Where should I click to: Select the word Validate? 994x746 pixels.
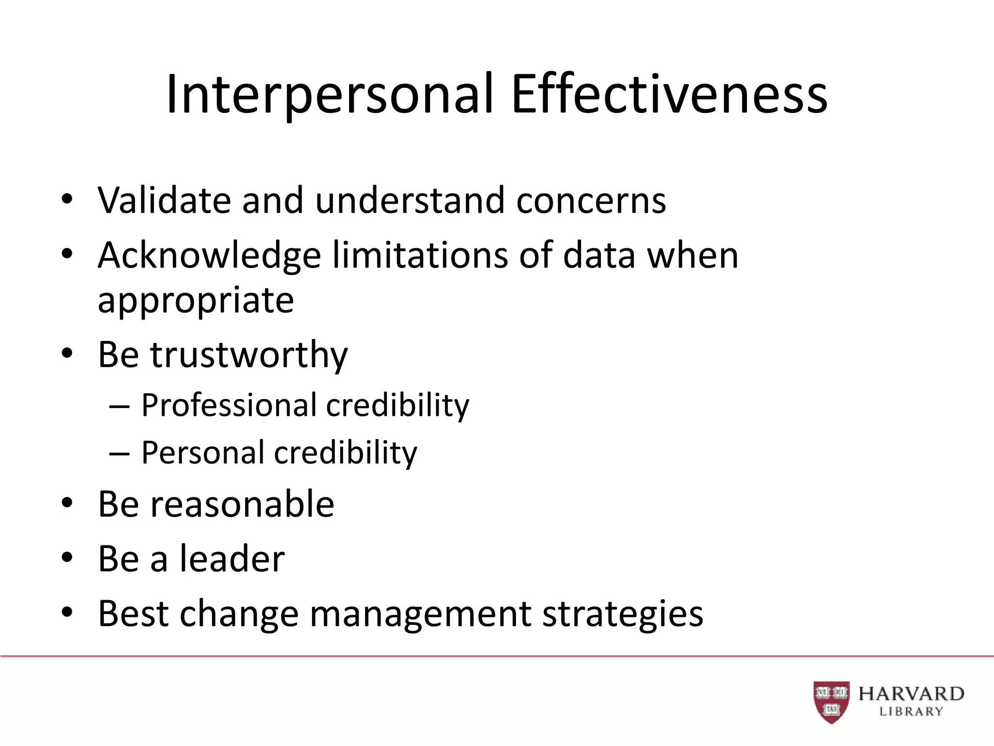pyautogui.click(x=164, y=200)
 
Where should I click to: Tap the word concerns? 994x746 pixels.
pyautogui.click(x=591, y=201)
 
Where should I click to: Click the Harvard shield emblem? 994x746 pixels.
pyautogui.click(x=831, y=701)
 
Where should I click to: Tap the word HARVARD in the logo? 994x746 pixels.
pyautogui.click(x=911, y=694)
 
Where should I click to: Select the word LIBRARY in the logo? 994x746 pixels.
pyautogui.click(x=911, y=712)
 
